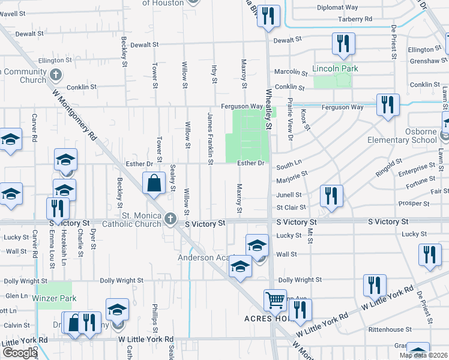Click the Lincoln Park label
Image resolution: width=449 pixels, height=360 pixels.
[x=335, y=69]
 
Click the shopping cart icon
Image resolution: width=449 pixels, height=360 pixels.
[x=275, y=299]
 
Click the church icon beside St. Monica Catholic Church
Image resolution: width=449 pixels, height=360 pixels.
[x=170, y=220]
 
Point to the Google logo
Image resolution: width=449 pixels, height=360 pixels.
[x=19, y=353]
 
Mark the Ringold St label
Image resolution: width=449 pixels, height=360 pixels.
[x=389, y=163]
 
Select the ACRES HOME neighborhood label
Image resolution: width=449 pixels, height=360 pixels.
[x=267, y=318]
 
